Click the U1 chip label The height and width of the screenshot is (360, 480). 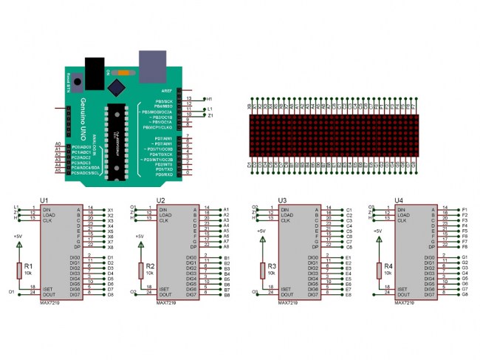pos(44,200)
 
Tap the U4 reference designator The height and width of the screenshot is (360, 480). pos(400,200)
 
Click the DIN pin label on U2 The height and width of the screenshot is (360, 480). pos(164,208)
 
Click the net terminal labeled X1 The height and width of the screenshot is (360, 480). pos(110,208)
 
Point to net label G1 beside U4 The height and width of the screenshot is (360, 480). pos(465,257)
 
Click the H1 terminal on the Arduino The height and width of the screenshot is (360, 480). pos(209,98)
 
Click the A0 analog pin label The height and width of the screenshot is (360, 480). pos(58,143)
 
